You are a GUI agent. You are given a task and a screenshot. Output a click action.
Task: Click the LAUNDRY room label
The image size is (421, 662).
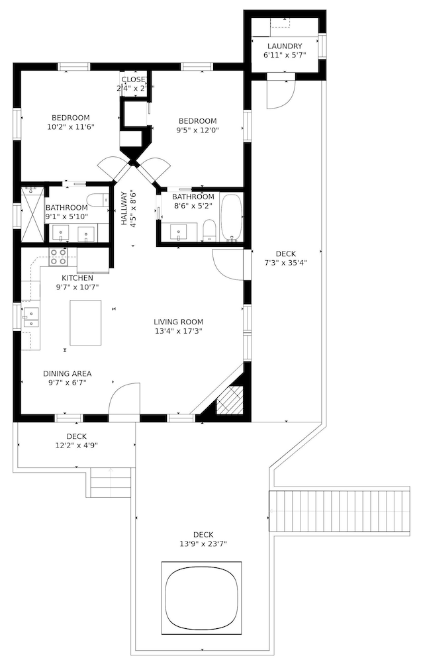[285, 46]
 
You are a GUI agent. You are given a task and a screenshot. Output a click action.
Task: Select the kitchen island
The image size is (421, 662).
[85, 322]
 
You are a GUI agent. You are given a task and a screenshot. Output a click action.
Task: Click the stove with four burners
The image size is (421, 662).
[58, 256]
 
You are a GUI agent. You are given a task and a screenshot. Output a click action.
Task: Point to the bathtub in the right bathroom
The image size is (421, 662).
[231, 217]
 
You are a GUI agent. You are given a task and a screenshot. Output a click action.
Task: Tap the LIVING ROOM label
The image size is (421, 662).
[178, 321]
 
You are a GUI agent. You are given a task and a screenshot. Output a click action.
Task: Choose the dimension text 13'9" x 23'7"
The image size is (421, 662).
[203, 545]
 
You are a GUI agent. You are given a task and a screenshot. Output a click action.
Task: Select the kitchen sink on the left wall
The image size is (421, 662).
[30, 318]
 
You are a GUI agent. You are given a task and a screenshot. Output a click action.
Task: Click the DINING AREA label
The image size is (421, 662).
[68, 373]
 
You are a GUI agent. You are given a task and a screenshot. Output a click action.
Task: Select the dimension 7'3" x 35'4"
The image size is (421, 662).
[285, 263]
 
